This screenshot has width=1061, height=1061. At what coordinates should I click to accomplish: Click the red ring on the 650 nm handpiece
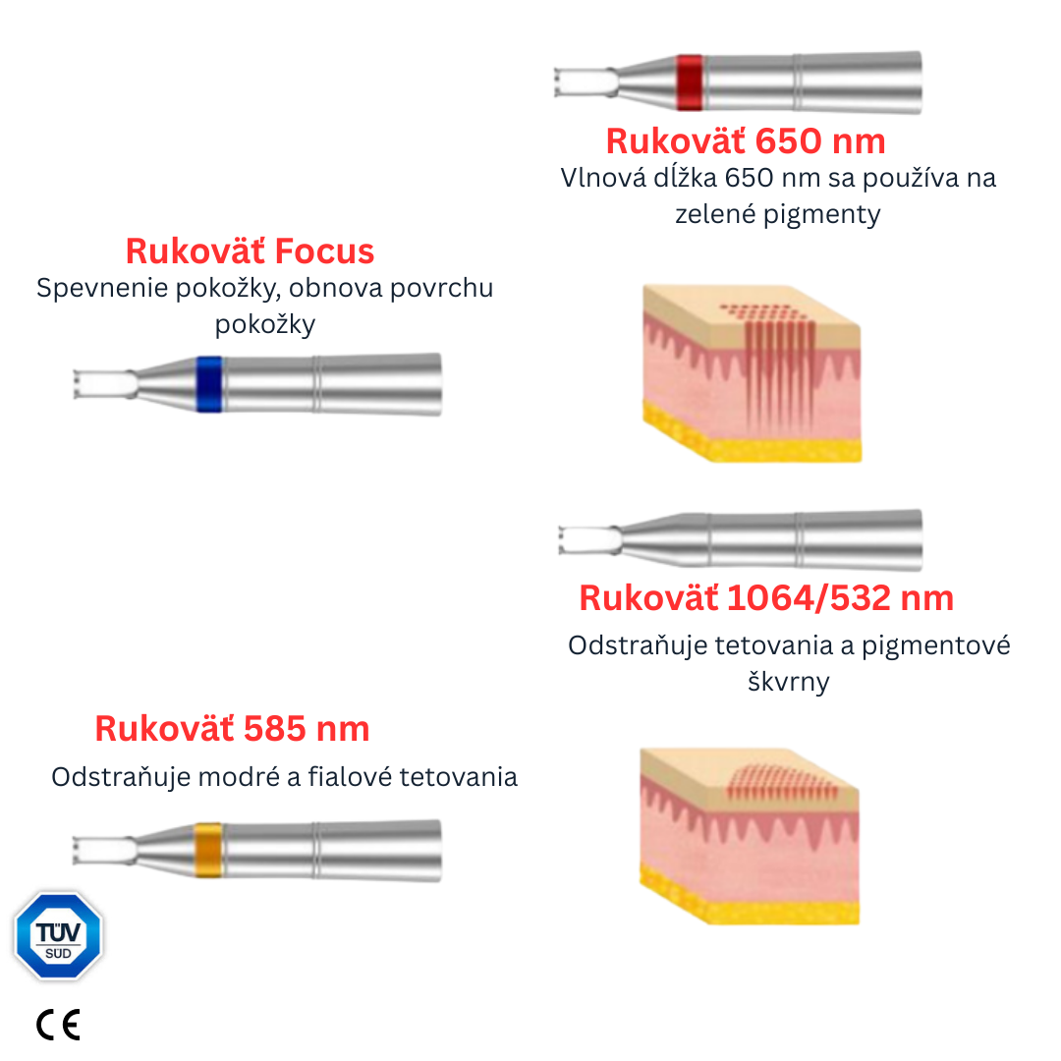pos(690,83)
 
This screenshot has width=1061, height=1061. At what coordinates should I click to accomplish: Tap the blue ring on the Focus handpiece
pos(208,383)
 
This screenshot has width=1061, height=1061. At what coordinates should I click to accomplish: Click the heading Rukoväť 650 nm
pos(746,141)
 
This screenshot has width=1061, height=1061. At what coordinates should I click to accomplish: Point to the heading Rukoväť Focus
pos(250,251)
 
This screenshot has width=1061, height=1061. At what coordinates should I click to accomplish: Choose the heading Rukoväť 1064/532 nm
pos(766,598)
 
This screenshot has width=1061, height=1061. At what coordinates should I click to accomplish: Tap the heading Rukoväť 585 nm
pos(232,729)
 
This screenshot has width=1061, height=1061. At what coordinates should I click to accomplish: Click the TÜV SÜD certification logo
pos(58,934)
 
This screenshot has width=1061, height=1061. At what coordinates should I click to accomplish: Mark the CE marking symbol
pos(58,1025)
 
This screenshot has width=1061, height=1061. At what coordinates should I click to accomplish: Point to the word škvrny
pos(788,682)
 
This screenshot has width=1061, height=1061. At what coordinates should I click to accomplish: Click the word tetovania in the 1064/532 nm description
pos(811,646)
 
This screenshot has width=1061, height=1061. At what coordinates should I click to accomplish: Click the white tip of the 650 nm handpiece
pos(584,83)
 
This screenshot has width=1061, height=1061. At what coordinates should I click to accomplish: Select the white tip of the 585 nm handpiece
pos(103,850)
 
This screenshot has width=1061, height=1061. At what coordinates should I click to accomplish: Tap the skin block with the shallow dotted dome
pos(750,836)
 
